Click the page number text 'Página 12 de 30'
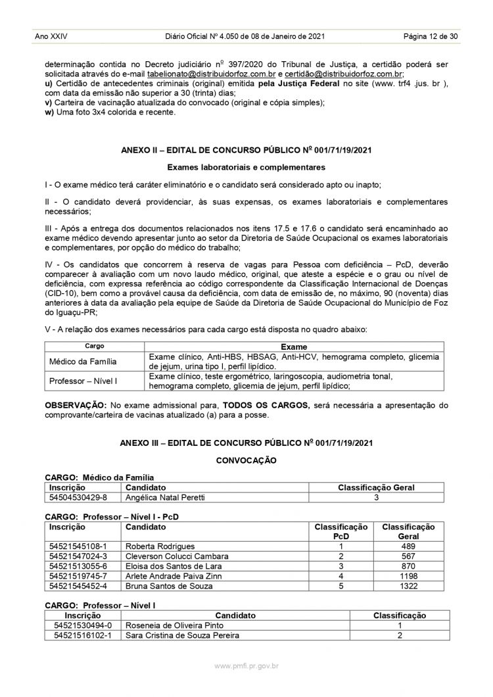(431, 36)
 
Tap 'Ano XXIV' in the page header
(50, 36)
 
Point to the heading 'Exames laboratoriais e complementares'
(246, 168)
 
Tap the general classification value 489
(408, 546)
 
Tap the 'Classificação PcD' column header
(341, 531)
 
